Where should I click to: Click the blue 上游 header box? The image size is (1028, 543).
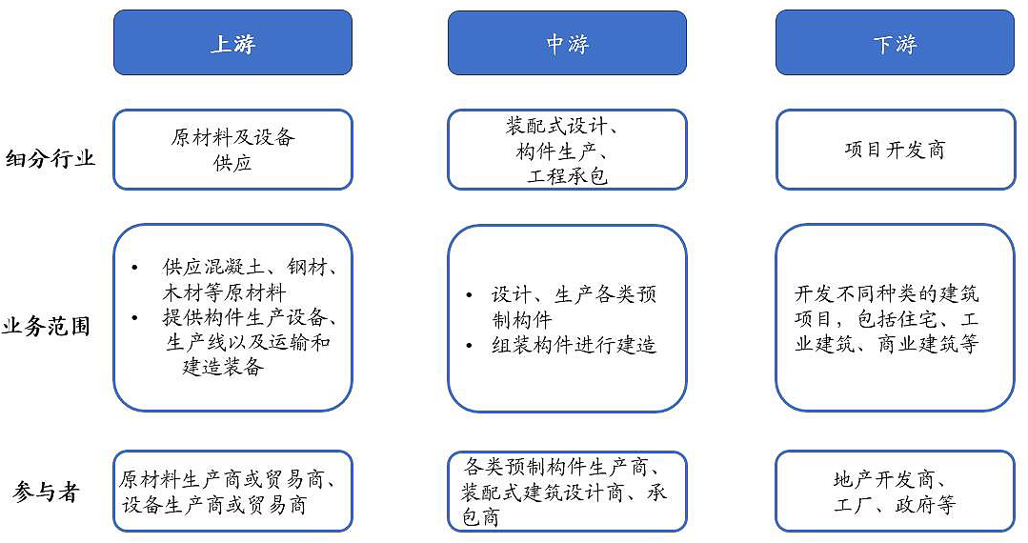pos(232,43)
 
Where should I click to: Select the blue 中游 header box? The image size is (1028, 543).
pos(567,43)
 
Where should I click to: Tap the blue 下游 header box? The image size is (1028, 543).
pos(894,43)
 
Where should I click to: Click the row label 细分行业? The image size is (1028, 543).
pos(50,158)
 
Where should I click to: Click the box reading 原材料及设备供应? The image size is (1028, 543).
pos(232,150)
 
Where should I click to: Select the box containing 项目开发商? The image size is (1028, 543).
pos(894,150)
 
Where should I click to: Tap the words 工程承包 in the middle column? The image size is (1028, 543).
pos(567,176)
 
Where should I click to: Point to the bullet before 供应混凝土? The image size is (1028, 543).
pos(135,266)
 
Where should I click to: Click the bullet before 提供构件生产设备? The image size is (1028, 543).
pos(135,317)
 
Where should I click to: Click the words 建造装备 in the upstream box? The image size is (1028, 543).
pos(222,367)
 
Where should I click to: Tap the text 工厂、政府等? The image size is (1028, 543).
pos(894,505)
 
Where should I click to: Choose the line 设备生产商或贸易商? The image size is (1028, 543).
pos(214,505)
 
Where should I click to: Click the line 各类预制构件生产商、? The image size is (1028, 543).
pos(562,467)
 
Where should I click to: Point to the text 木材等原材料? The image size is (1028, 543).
pos(225,292)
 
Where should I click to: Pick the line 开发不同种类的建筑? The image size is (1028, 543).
pos(888,293)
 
